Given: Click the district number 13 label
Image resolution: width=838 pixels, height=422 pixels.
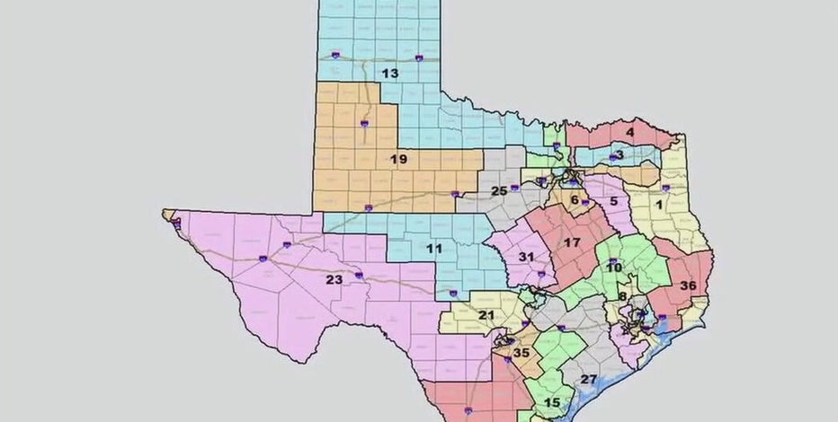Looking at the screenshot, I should click(x=389, y=74).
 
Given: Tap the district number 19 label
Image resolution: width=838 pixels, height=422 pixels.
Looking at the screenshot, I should click(x=398, y=159).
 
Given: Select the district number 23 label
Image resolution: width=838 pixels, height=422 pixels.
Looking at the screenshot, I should click(x=334, y=279).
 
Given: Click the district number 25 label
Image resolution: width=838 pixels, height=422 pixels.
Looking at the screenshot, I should click(x=498, y=191).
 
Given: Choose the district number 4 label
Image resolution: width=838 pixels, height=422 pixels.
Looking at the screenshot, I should click(x=630, y=133).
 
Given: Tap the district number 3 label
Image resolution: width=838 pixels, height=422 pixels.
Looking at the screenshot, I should click(x=619, y=155).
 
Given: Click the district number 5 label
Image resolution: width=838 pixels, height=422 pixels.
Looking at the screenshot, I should click(x=613, y=202).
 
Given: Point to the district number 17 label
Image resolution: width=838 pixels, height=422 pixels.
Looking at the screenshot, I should click(x=572, y=242).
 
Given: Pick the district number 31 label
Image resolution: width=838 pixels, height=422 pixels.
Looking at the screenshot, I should click(x=528, y=257).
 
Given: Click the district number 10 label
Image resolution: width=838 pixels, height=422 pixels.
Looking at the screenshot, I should click(x=614, y=268).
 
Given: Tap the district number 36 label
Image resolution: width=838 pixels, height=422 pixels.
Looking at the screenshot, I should click(x=689, y=286).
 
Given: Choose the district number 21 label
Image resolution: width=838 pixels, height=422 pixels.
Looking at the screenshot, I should click(x=486, y=315).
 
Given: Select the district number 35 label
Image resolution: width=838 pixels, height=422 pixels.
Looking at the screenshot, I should click(x=521, y=353).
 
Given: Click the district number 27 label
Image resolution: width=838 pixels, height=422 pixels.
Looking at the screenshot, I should click(x=589, y=379).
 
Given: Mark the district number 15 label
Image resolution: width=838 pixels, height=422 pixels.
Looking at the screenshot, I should click(x=552, y=402).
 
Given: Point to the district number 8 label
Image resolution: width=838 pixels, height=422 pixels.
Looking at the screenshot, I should click(x=622, y=296).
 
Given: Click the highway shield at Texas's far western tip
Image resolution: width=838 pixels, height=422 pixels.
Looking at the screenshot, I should click(x=176, y=223).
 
